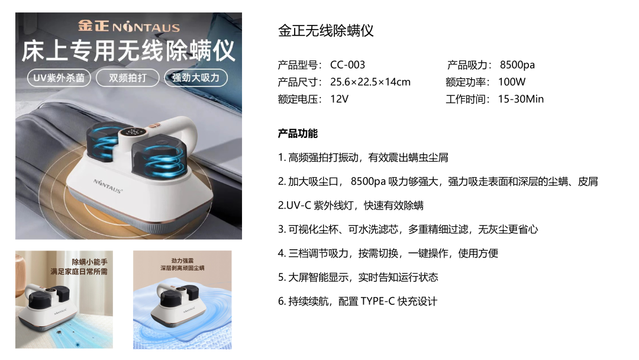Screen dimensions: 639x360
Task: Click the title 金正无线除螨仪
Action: pyautogui.click(x=325, y=31)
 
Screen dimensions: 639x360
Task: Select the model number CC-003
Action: pyautogui.click(x=348, y=65)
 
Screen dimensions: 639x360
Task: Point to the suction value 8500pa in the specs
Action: pyautogui.click(x=517, y=65)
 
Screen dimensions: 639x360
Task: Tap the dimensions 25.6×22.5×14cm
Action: pyautogui.click(x=370, y=82)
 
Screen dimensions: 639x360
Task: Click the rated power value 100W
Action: pyautogui.click(x=512, y=82)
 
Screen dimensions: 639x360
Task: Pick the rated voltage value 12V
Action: pyautogui.click(x=339, y=99)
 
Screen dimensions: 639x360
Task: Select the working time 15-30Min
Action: pyautogui.click(x=521, y=99)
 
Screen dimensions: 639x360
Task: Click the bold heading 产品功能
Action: pyautogui.click(x=298, y=133)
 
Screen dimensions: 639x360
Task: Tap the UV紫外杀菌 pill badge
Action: pyautogui.click(x=59, y=78)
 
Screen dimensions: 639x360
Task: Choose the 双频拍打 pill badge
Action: pyautogui.click(x=128, y=78)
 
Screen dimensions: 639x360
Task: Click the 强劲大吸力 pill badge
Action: pyautogui.click(x=196, y=78)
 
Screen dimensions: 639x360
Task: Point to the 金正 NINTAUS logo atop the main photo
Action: pyautogui.click(x=129, y=26)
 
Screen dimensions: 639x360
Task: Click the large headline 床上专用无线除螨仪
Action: pyautogui.click(x=128, y=51)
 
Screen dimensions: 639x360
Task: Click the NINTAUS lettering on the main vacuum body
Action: pyautogui.click(x=108, y=186)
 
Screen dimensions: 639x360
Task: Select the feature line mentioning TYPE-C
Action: pyautogui.click(x=357, y=301)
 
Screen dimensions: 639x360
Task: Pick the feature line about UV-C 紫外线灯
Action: pyautogui.click(x=350, y=205)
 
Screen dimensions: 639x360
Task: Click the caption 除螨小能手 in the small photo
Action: pyautogui.click(x=90, y=262)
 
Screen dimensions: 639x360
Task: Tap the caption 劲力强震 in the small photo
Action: pyautogui.click(x=182, y=261)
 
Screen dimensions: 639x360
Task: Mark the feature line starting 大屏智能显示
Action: pyautogui.click(x=358, y=278)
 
